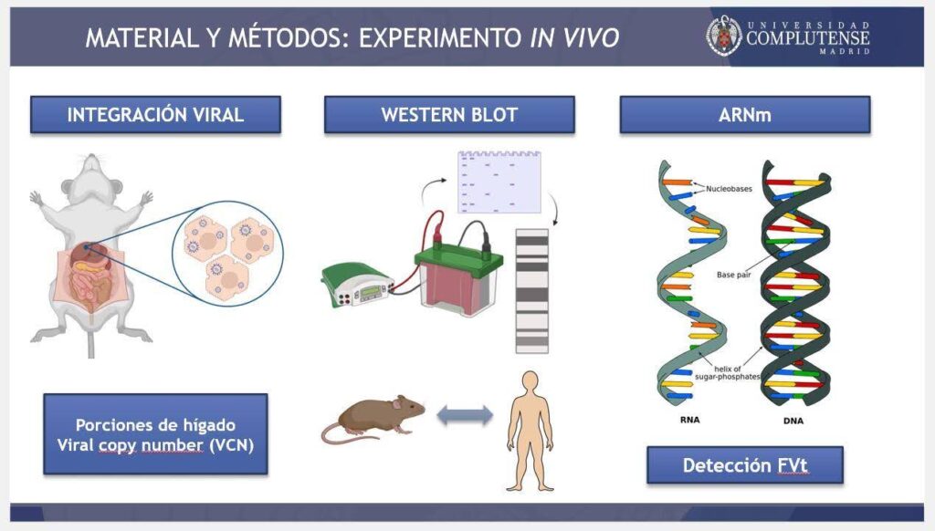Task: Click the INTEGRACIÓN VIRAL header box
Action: (155, 115)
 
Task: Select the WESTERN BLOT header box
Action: (449, 115)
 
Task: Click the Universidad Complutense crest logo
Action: (723, 35)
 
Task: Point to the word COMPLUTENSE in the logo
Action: (807, 38)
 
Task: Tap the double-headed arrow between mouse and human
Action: (465, 416)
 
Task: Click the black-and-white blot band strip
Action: (531, 290)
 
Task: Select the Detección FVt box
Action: (744, 465)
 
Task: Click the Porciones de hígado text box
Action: (155, 434)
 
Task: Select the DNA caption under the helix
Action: (795, 422)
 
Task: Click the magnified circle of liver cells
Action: (227, 250)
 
